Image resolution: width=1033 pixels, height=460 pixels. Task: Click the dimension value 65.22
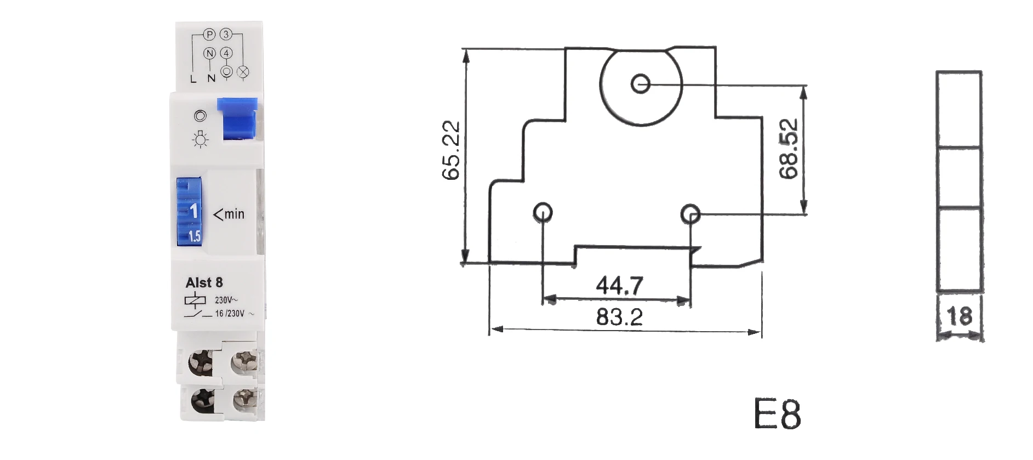click(451, 150)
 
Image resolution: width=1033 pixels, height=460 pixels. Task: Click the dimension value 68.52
click(790, 149)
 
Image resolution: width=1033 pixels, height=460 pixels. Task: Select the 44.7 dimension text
click(619, 285)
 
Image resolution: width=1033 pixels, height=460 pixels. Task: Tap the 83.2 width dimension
click(619, 317)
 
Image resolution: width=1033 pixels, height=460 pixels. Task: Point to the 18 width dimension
click(959, 316)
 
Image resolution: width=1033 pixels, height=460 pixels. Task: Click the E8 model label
click(777, 414)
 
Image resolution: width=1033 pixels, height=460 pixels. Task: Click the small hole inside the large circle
click(640, 84)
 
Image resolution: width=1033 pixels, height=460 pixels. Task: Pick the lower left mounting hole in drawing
click(543, 212)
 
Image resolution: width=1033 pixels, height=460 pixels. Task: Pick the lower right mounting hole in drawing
click(690, 214)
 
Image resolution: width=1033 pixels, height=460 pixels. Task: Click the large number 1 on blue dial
click(193, 211)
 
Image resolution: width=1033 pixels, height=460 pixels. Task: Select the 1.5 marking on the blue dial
click(195, 236)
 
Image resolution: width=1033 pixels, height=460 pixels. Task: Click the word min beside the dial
click(234, 214)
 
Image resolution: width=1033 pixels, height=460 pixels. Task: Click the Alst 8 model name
click(204, 283)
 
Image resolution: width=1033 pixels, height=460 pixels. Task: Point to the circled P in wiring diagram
click(209, 35)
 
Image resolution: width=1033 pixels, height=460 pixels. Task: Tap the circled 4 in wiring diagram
click(226, 53)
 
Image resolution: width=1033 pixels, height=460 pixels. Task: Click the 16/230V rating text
click(230, 314)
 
